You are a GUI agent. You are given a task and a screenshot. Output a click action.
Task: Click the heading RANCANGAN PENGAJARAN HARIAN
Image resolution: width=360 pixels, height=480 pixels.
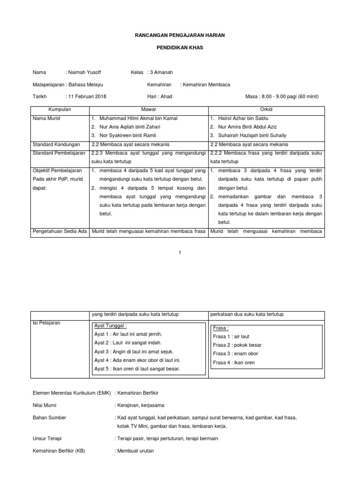[x=180, y=36]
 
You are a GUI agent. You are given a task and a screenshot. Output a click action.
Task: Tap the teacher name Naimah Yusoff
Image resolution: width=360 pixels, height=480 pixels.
[x=84, y=72]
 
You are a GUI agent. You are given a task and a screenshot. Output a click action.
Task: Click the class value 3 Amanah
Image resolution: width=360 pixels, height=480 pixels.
[x=161, y=72]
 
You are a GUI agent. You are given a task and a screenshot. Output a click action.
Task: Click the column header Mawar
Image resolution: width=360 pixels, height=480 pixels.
[x=149, y=110]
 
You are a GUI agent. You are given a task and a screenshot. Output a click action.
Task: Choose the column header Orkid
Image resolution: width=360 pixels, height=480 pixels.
[x=266, y=110]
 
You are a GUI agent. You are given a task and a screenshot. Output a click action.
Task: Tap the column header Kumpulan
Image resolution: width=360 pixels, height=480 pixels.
[x=60, y=110]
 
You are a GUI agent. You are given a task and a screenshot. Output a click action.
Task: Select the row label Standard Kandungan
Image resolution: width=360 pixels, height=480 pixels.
[x=56, y=144]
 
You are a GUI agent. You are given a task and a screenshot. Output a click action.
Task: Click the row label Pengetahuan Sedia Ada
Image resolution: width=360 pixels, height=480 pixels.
[x=60, y=232]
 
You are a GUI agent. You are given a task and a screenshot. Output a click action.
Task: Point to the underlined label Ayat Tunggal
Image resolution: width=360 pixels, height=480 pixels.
[x=111, y=326]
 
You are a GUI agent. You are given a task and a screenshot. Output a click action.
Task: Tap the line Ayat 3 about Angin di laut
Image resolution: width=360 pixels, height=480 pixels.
[x=134, y=352]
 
